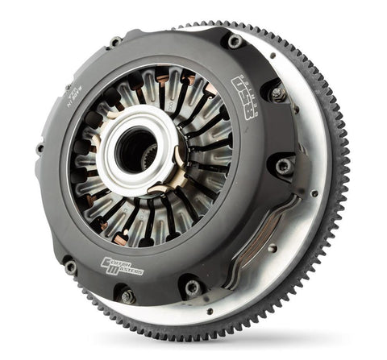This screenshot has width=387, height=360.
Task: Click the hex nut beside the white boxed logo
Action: (278, 94)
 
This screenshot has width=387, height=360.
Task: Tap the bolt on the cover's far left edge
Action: (40, 148)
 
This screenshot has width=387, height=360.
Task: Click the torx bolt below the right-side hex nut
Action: (285, 167)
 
